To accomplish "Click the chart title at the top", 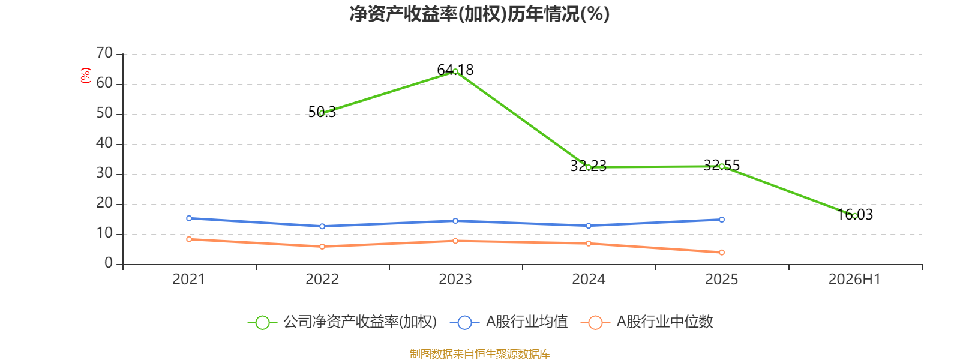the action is click(x=479, y=14).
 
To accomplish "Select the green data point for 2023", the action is click(x=455, y=71).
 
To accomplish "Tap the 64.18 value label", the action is click(x=455, y=70).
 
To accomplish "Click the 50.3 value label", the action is click(x=322, y=112).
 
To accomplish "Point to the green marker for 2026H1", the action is click(x=854, y=216).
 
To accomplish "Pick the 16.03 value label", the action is click(x=854, y=214).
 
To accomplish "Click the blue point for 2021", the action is click(x=189, y=218).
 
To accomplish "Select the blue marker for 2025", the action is click(x=722, y=220).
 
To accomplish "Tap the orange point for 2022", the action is click(x=322, y=247).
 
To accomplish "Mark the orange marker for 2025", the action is click(x=722, y=253).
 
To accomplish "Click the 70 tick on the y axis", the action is click(x=104, y=53).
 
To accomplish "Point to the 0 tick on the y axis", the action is click(x=109, y=263).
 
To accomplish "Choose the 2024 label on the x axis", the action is click(x=589, y=280).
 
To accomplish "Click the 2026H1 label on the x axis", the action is click(x=854, y=280).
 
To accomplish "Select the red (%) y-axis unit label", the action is click(x=86, y=76).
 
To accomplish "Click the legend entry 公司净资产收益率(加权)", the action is click(x=343, y=322).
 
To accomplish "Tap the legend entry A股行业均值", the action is click(x=509, y=322).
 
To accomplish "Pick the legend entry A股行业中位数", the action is click(x=647, y=322).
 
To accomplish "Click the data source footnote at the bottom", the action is click(x=479, y=353).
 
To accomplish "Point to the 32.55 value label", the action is click(x=722, y=165).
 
